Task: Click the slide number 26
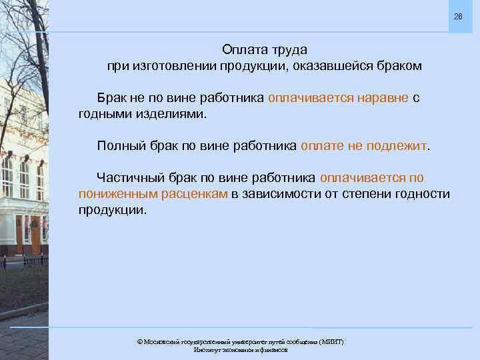(457, 16)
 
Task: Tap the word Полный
(119, 145)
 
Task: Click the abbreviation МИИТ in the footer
(331, 341)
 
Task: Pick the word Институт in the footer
(207, 349)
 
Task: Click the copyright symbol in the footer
(139, 341)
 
